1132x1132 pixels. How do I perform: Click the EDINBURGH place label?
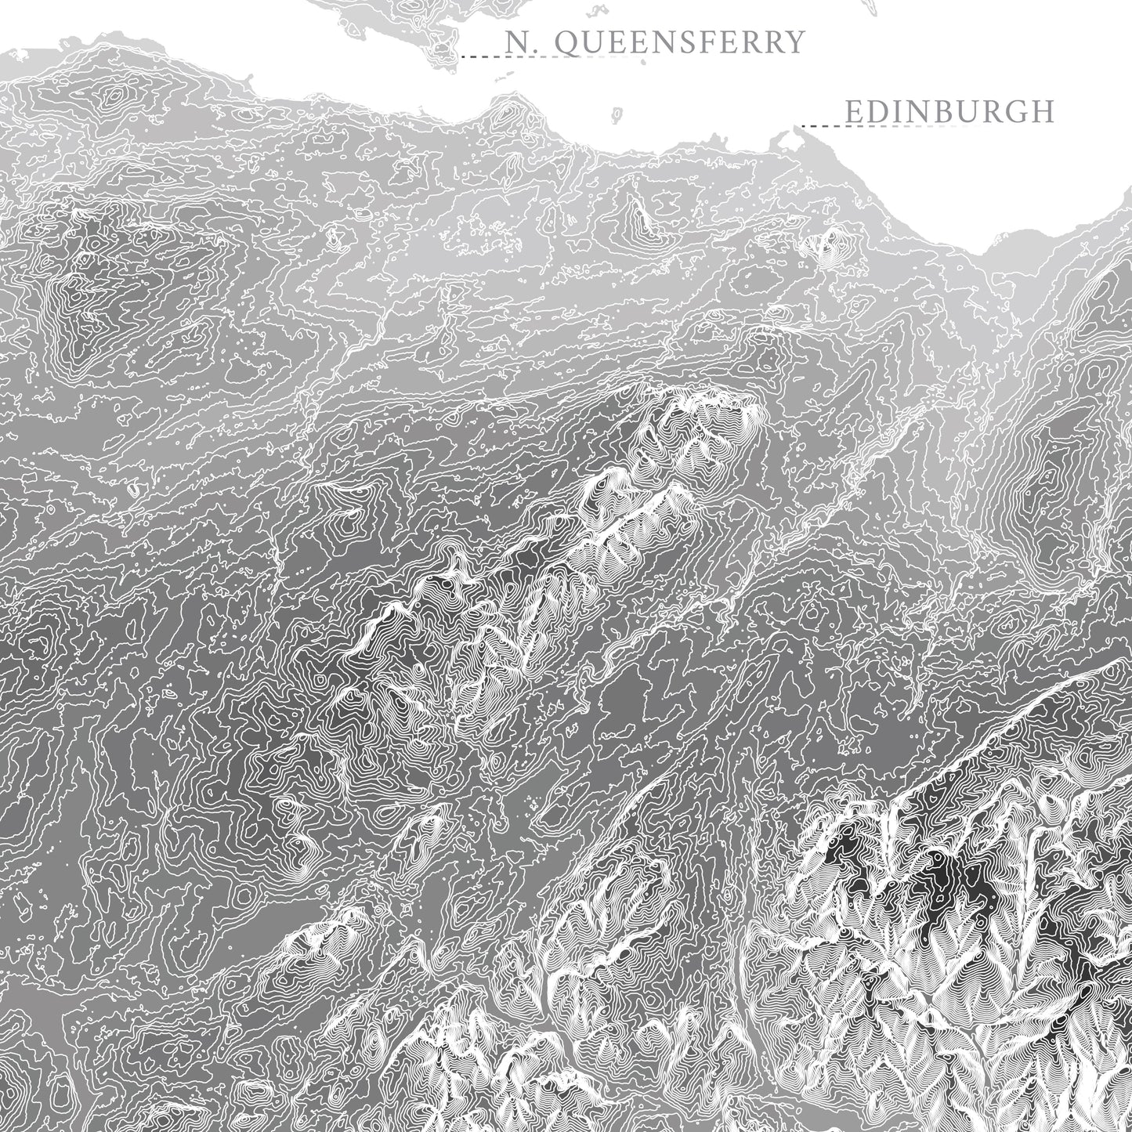(x=949, y=111)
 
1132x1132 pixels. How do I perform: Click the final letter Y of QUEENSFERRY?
(x=796, y=42)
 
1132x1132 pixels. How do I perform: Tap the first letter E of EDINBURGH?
(x=855, y=112)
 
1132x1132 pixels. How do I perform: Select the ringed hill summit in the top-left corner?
(x=116, y=95)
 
